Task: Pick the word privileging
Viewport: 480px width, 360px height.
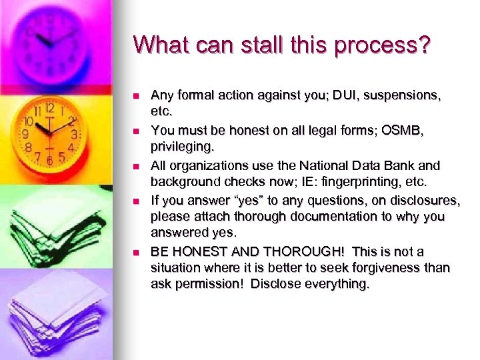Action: point(182,147)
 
